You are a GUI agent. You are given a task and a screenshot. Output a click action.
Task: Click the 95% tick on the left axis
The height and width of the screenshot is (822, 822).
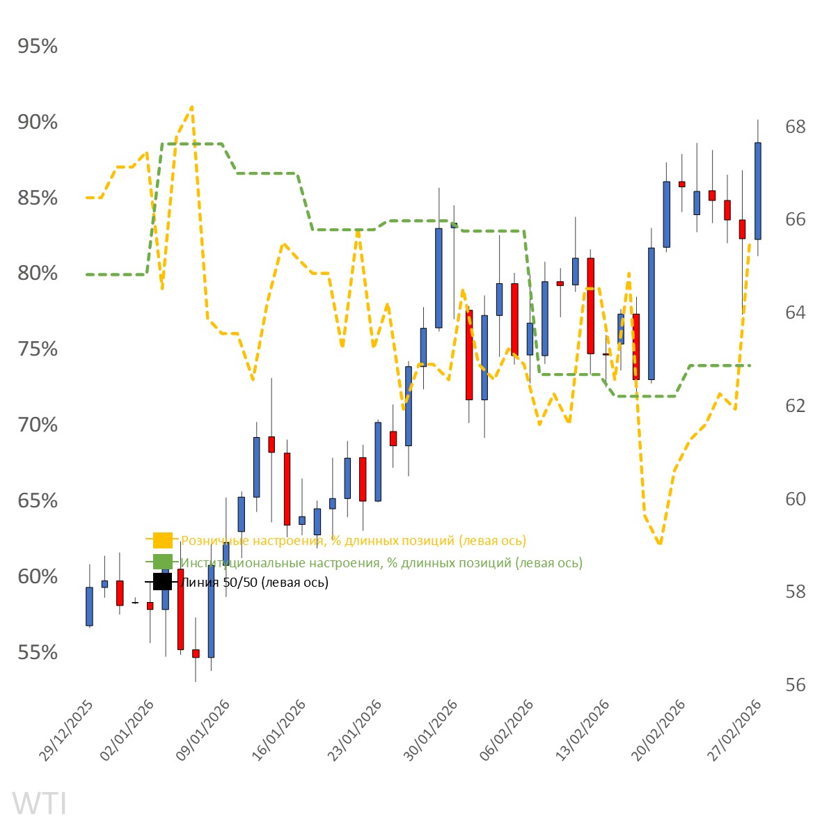click(38, 47)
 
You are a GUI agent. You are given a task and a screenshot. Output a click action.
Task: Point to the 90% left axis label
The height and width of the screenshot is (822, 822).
click(38, 122)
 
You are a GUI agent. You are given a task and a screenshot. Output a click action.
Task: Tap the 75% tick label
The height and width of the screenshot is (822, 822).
click(38, 349)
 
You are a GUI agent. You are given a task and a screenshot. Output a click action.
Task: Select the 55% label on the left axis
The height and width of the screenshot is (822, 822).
click(38, 653)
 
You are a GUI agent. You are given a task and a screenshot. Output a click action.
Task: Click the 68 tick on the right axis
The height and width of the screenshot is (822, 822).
click(795, 127)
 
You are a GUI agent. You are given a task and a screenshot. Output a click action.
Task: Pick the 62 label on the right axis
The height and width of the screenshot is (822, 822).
click(795, 406)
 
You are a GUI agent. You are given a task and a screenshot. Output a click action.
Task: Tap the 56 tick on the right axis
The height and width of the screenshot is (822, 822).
click(795, 685)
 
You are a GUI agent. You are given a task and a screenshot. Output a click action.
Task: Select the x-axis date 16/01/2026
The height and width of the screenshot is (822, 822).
click(278, 731)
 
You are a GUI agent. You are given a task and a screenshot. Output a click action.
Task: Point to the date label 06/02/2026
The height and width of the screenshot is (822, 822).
click(506, 731)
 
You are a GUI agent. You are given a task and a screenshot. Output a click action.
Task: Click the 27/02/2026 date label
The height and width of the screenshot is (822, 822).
click(734, 731)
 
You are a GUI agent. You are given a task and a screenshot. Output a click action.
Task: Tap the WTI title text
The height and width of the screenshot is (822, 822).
click(40, 803)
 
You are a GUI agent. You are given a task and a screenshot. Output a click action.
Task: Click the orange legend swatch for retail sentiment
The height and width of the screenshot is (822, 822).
click(162, 540)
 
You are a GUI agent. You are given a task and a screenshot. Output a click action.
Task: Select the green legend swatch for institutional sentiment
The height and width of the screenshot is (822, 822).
click(162, 562)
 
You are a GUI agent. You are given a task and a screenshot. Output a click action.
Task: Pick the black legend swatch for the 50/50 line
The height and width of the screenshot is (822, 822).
click(162, 582)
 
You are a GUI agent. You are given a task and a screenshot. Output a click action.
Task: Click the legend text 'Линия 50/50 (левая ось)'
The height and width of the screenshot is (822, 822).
click(254, 583)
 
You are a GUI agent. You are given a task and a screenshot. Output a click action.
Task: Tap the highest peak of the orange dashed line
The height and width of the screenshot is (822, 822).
click(191, 107)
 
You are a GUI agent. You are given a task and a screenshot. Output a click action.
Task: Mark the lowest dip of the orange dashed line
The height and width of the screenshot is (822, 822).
click(658, 543)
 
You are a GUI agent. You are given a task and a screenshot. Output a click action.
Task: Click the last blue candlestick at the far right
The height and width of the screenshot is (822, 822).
click(757, 191)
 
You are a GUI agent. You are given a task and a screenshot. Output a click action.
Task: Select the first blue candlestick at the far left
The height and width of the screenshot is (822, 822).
click(89, 606)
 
